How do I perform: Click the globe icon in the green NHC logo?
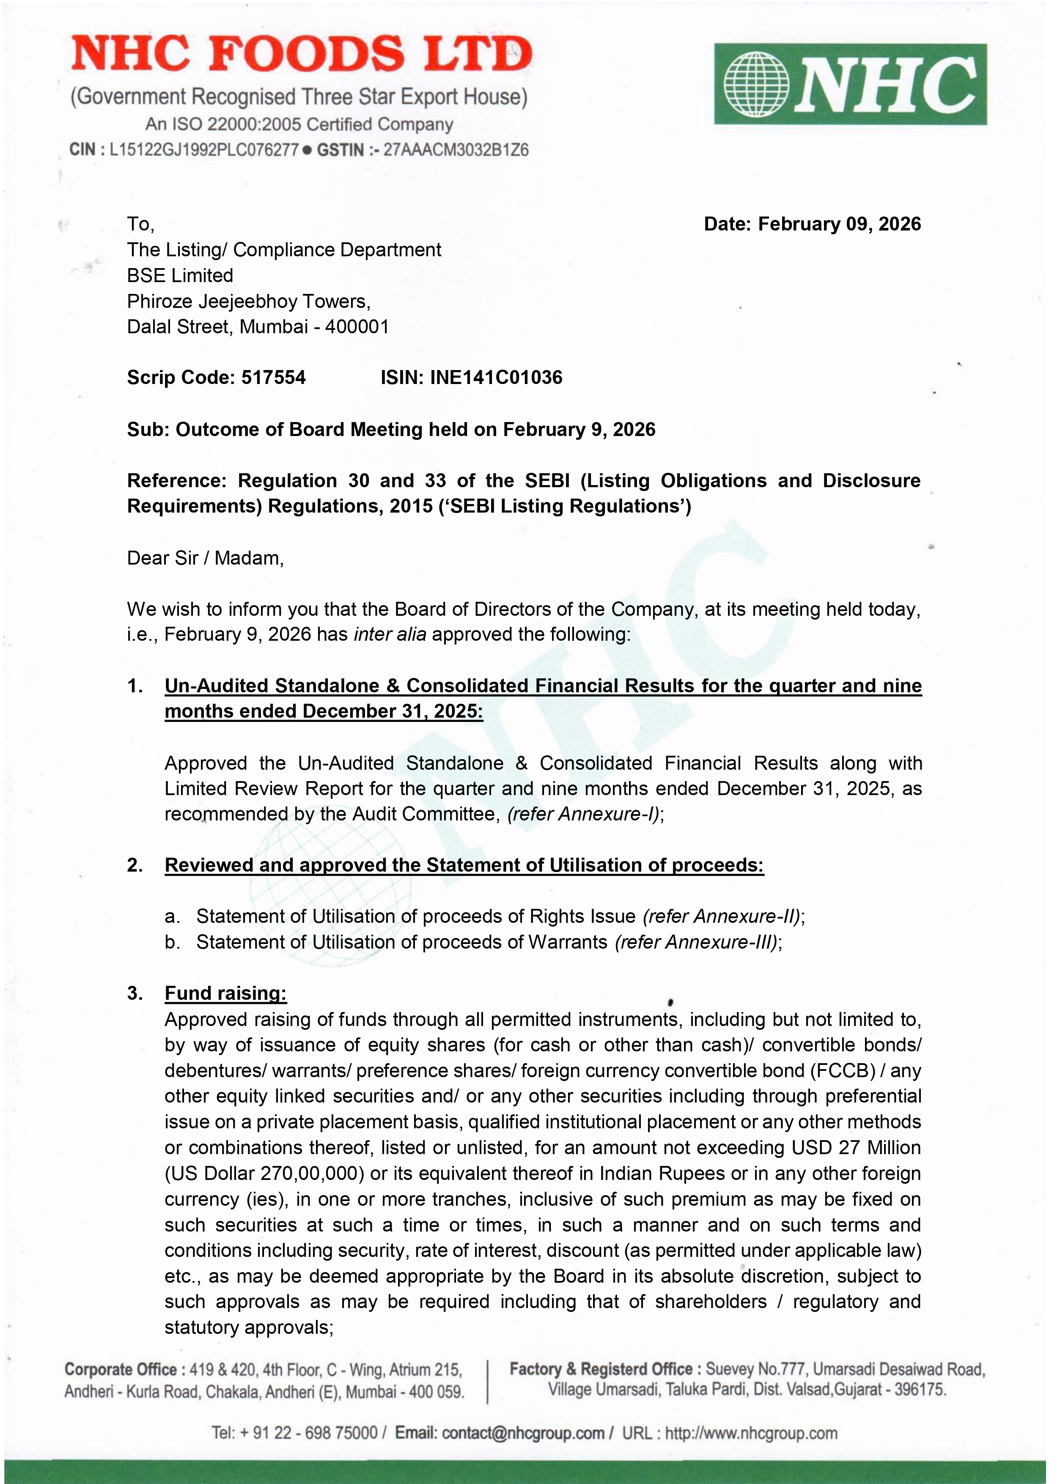tap(756, 84)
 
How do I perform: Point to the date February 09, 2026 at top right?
tap(839, 224)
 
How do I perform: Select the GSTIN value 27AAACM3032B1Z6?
tap(456, 150)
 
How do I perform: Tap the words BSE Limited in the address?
tap(180, 275)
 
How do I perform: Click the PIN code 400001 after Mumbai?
tap(357, 326)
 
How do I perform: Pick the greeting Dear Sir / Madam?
tap(205, 558)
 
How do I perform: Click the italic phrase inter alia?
tap(389, 634)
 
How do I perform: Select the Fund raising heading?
tap(225, 993)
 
